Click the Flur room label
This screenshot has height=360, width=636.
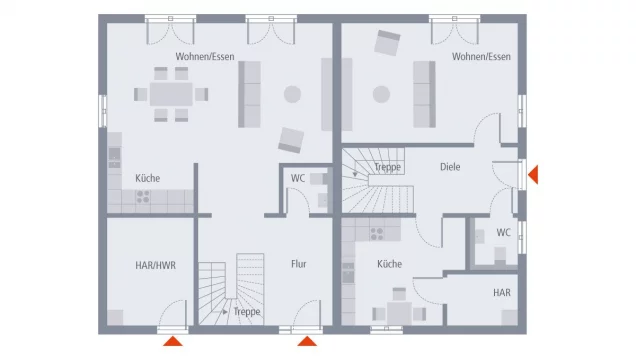point(299,264)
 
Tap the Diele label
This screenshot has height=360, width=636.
point(450,167)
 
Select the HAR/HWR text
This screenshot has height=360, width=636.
point(155,266)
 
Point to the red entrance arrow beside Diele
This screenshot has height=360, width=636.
point(533,175)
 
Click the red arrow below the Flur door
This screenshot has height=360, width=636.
point(307,341)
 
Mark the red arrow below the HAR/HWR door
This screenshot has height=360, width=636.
point(173,341)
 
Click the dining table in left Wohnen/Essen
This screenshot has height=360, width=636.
point(171,94)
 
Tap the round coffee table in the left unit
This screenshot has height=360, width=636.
point(292,94)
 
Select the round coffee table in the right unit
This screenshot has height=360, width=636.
point(381,94)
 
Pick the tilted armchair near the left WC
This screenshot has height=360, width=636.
point(291,140)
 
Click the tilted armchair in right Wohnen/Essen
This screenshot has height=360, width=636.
point(387,43)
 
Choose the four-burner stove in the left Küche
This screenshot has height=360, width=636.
point(143,197)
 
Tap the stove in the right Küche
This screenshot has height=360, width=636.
point(377,234)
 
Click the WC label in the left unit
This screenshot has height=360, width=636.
point(298,178)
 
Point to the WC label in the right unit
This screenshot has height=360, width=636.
point(503,232)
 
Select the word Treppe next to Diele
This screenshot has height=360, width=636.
point(387,167)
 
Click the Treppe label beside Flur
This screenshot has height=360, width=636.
point(247,312)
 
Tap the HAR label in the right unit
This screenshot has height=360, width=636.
point(502,293)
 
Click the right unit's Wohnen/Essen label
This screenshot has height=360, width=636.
point(481,57)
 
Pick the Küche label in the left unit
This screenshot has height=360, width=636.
point(148,178)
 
